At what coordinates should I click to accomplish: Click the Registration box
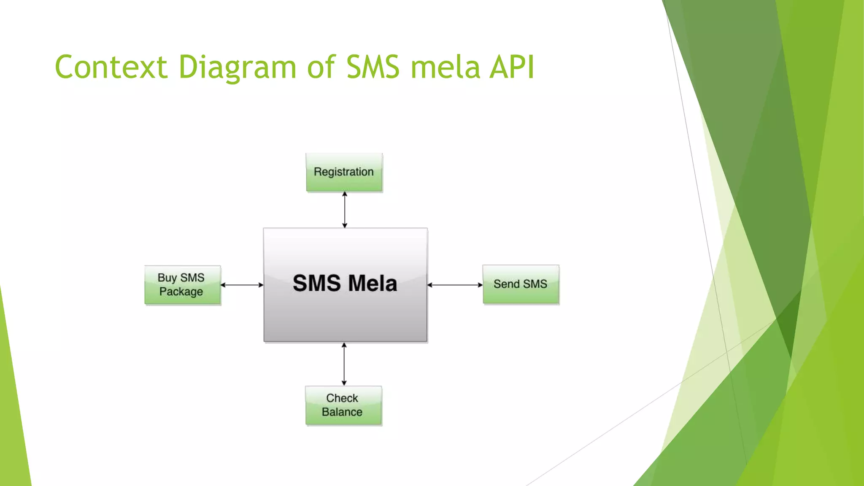344,173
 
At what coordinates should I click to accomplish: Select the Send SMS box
521,284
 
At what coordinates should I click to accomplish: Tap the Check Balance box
343,405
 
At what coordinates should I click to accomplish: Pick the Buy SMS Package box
182,285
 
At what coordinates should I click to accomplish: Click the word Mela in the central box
373,283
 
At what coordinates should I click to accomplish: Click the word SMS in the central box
316,283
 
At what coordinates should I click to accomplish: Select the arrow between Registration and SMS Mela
345,210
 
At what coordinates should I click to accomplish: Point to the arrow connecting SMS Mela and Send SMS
455,285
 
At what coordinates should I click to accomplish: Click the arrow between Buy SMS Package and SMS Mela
242,285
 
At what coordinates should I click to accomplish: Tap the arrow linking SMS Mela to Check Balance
344,364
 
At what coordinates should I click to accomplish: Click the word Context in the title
111,67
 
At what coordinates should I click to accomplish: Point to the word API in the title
512,67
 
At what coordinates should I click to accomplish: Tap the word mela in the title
445,67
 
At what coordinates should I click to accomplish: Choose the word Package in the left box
181,292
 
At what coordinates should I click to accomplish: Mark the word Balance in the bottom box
342,412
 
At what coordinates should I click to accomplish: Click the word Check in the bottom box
342,398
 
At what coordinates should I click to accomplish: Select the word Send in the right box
506,284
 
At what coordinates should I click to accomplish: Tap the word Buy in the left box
167,278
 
